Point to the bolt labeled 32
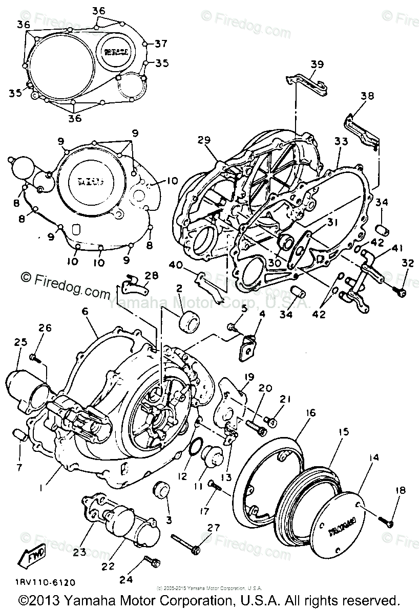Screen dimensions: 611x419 pos(401,292)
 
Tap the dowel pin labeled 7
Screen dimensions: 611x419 pos(20,435)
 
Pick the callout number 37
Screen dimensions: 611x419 pos(161,42)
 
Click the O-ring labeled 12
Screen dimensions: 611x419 pos(195,451)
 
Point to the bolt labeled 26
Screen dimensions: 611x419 pos(35,357)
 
